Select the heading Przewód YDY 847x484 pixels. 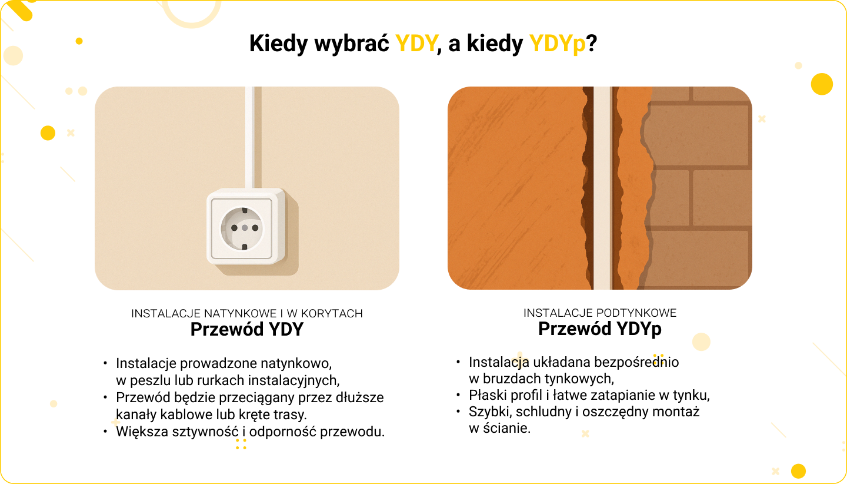246,329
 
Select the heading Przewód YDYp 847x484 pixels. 600,329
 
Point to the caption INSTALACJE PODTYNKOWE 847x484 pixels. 600,313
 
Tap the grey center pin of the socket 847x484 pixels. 245,228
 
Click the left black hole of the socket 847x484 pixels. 235,228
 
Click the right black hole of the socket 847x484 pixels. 255,228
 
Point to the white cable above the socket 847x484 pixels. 249,138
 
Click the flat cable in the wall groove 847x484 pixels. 602,188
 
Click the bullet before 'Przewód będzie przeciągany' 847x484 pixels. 105,397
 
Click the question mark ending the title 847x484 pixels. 591,44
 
